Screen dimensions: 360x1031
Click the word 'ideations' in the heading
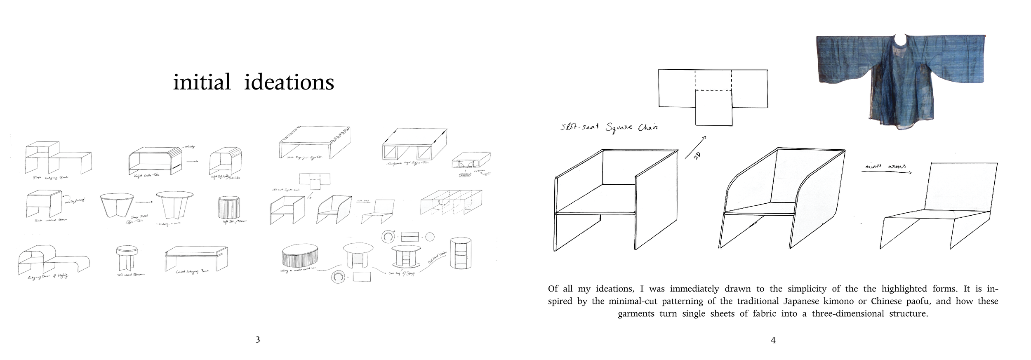click(x=289, y=82)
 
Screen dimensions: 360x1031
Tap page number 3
click(x=258, y=340)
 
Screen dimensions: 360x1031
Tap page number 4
click(x=773, y=340)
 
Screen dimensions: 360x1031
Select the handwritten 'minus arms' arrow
click(x=887, y=169)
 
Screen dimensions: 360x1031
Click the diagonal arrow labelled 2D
click(x=695, y=147)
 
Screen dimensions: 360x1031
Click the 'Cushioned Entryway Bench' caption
click(x=193, y=272)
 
